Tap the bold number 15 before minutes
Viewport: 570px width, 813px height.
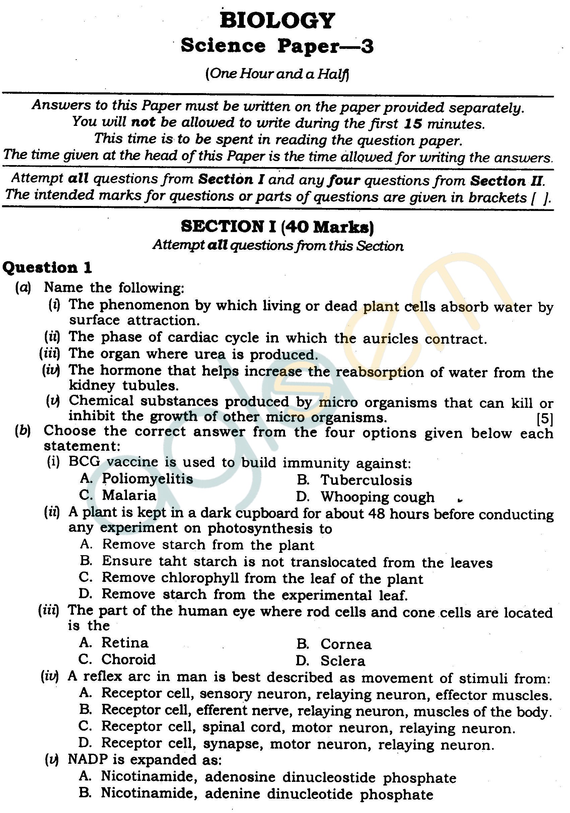click(x=413, y=123)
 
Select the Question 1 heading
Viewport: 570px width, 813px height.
click(x=47, y=268)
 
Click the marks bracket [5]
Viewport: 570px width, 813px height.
click(x=545, y=419)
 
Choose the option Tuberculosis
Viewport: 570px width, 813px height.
click(x=366, y=481)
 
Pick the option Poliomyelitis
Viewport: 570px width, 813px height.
click(x=147, y=479)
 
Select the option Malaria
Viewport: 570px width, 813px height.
click(x=129, y=495)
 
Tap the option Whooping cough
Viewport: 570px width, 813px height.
click(x=377, y=497)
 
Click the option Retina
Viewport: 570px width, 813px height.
click(x=125, y=643)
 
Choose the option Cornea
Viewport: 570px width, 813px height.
click(x=346, y=645)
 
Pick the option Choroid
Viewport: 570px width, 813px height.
click(x=128, y=659)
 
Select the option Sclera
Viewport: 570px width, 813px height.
click(x=343, y=661)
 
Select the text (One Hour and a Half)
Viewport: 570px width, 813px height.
click(x=277, y=74)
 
